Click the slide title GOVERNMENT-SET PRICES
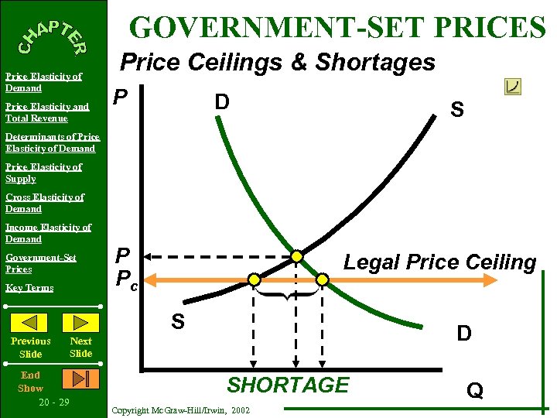coord(338,27)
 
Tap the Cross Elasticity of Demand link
coord(44,203)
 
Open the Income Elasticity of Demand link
coord(48,233)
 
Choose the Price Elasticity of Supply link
coord(43,173)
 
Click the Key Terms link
coord(29,288)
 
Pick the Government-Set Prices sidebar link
coord(40,263)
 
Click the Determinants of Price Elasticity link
coord(52,142)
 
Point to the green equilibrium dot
coord(296,256)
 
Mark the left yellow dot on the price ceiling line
coord(254,279)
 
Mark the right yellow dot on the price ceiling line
coord(321,279)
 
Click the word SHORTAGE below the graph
coord(288,385)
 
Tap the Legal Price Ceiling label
coord(439,262)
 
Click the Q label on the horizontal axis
coord(474,391)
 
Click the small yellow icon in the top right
coord(512,87)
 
